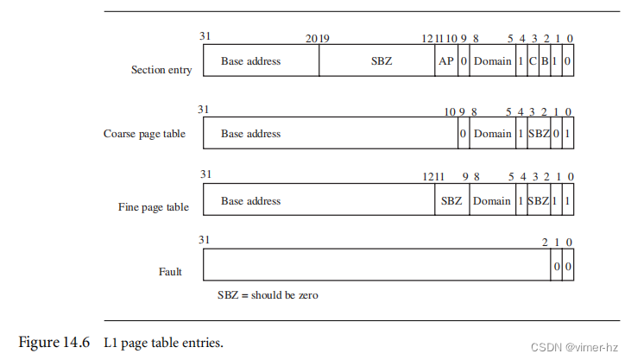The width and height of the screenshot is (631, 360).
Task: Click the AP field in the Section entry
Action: pos(446,62)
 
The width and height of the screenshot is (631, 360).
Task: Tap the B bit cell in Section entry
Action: pos(545,62)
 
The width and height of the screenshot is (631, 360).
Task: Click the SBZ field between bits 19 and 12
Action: pos(377,62)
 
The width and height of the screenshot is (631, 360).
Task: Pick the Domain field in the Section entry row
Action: pos(492,62)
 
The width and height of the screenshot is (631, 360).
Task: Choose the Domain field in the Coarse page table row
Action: pos(492,134)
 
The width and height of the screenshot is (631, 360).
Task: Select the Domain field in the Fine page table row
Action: pos(492,201)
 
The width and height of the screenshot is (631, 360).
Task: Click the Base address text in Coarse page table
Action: pos(250,134)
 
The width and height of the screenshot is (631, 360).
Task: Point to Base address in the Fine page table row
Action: pos(250,201)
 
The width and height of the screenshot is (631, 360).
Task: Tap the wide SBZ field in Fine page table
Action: pos(451,201)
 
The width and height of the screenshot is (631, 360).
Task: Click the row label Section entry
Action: pos(161,70)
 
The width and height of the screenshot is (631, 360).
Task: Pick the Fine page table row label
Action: pos(154,207)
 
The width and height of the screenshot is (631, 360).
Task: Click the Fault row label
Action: pos(170,272)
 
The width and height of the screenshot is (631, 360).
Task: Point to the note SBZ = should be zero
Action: pos(268,295)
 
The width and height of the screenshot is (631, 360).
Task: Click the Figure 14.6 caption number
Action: pos(54,343)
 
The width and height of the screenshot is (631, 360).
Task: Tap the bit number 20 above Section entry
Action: pos(311,37)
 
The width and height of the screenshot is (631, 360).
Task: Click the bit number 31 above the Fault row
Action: pos(204,240)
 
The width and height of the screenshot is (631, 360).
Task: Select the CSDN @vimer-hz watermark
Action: pos(576,347)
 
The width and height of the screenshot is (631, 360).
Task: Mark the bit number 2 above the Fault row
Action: pos(546,243)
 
